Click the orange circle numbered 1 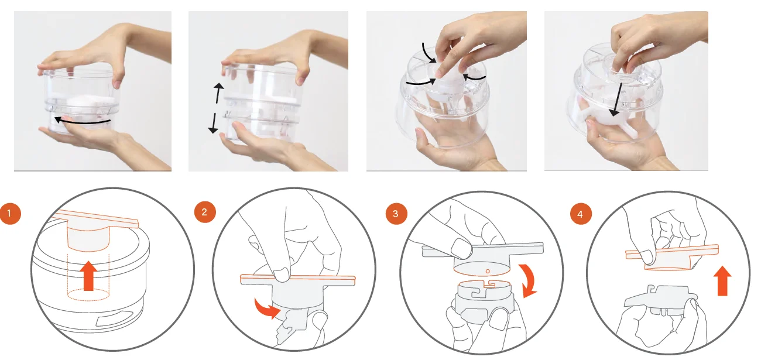click(x=10, y=214)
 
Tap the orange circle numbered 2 click(x=205, y=212)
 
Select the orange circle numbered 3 click(x=396, y=214)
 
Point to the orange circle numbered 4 click(x=581, y=214)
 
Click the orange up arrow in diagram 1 click(x=88, y=276)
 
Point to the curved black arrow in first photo click(x=83, y=121)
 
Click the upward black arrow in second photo click(x=218, y=92)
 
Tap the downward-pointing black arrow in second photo click(x=214, y=123)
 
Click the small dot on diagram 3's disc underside click(x=488, y=271)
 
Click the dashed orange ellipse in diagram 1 click(x=88, y=294)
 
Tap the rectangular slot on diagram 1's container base click(x=111, y=318)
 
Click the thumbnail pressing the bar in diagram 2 click(x=281, y=275)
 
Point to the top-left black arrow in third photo click(x=429, y=53)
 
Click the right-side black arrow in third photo click(x=474, y=78)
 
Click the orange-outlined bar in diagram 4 click(x=673, y=252)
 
